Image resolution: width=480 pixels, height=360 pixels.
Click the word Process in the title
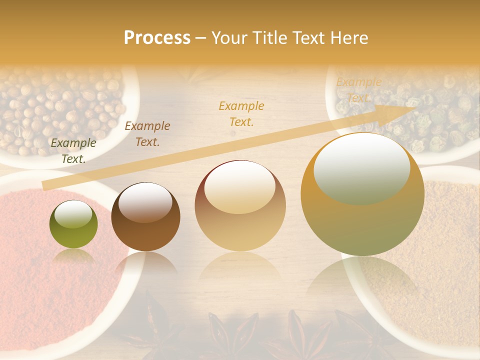pyautogui.click(x=157, y=38)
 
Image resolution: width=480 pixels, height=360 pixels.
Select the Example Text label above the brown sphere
pyautogui.click(x=147, y=134)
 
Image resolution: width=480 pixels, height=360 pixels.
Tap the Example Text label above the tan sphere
pyautogui.click(x=241, y=113)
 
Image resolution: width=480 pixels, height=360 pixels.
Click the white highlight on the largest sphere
pyautogui.click(x=361, y=167)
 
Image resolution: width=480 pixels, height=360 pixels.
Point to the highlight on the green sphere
pyautogui.click(x=73, y=214)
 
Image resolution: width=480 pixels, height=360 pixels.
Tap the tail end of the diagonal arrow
pyautogui.click(x=46, y=186)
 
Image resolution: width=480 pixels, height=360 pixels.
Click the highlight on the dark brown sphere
pyautogui.click(x=145, y=201)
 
